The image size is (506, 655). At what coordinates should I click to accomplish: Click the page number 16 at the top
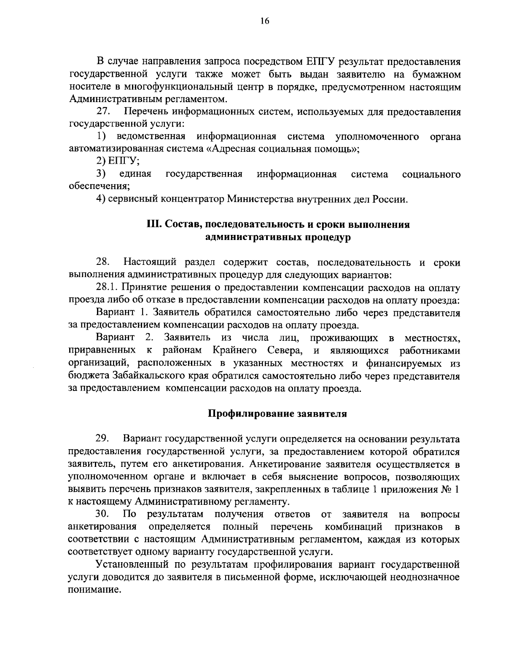point(253,22)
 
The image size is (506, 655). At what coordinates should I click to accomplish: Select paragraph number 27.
point(103,112)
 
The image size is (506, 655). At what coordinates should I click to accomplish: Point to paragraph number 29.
point(103,439)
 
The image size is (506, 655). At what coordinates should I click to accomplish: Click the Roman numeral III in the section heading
point(153,224)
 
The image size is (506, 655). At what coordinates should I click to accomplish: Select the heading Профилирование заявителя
point(277,413)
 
